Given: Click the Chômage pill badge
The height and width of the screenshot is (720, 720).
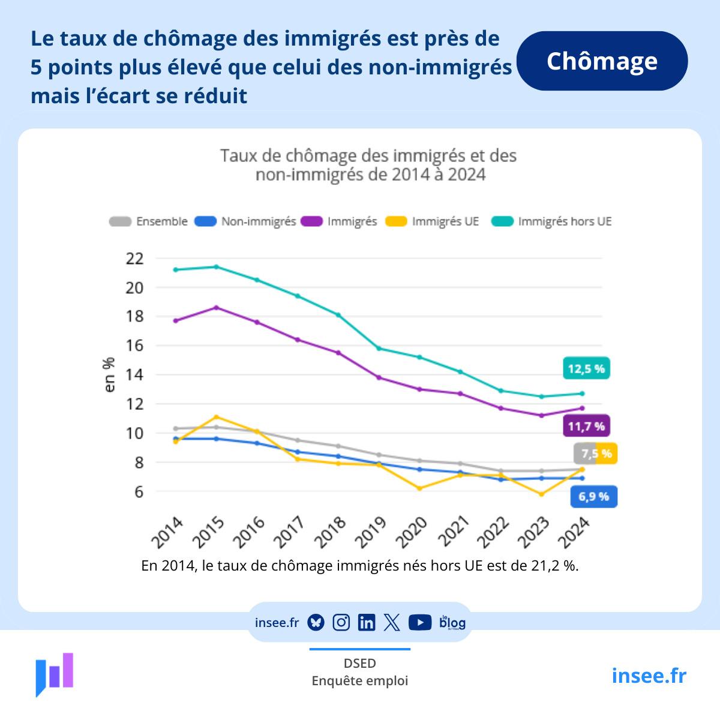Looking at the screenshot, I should (x=602, y=61).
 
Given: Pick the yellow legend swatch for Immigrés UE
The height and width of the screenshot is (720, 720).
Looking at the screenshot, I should (x=396, y=221).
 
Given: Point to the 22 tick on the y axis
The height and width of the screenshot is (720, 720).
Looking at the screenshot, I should (x=136, y=259).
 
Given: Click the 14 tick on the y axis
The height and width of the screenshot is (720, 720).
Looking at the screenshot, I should (x=136, y=375).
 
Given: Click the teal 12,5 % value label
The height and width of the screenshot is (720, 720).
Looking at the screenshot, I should (x=586, y=368).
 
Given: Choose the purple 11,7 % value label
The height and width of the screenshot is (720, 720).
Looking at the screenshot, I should (x=586, y=427).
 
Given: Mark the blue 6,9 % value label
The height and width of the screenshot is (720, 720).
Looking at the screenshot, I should (x=593, y=496).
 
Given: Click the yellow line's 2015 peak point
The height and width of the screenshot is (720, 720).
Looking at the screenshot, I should (x=217, y=417).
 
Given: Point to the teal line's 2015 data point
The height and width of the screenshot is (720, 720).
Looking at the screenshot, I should (x=217, y=266).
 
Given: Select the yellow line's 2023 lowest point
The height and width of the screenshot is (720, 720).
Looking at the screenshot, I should (x=541, y=494).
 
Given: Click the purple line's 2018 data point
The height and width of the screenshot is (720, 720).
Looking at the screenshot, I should (x=338, y=353).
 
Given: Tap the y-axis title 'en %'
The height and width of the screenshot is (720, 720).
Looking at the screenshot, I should (x=109, y=375).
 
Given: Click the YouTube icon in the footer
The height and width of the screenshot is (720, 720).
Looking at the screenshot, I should (x=420, y=623).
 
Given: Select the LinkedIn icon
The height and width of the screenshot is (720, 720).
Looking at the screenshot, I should (x=366, y=623).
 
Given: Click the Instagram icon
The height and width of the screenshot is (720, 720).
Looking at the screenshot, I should (x=341, y=623).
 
